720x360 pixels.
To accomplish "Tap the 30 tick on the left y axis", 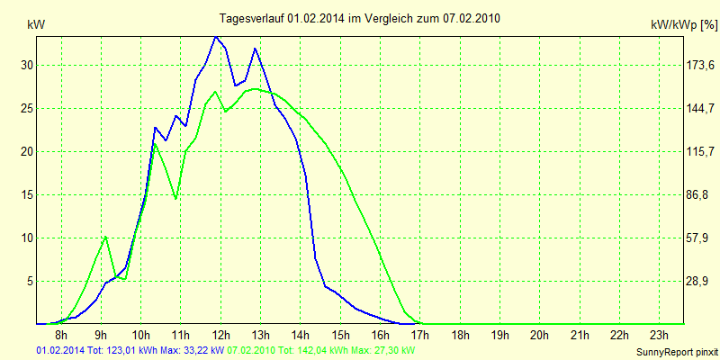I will [x=26, y=66].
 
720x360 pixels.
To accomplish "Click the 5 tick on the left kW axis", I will [x=29, y=281].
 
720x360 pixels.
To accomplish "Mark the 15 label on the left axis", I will [x=26, y=194].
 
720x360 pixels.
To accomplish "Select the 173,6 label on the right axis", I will [x=698, y=66].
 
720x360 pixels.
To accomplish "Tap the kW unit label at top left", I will [x=36, y=25].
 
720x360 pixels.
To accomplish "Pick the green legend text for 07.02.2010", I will [x=321, y=348].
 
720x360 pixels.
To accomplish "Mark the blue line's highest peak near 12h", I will [x=216, y=37].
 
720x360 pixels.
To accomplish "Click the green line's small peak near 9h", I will [x=106, y=237].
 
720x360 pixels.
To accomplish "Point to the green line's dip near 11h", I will [x=175, y=198].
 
